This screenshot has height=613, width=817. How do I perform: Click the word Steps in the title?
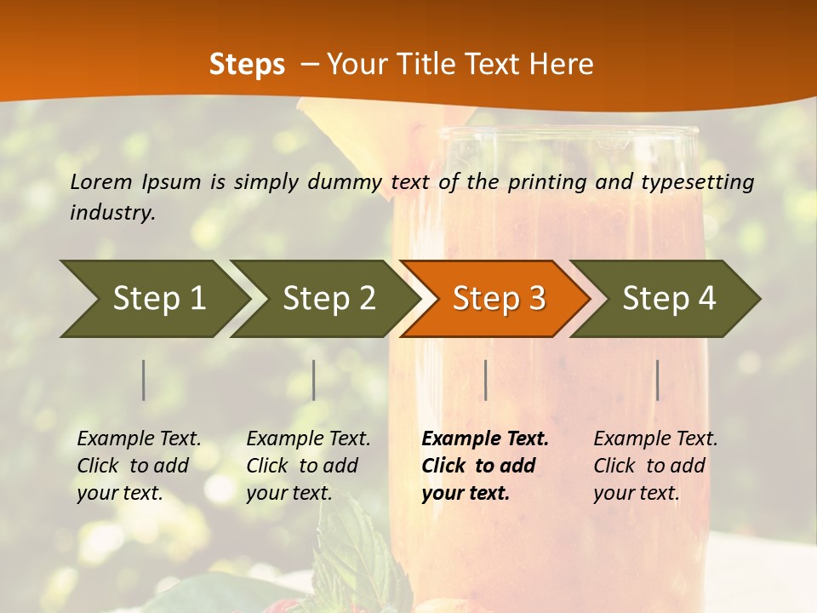coord(247,64)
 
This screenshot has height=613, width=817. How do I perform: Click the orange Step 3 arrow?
coord(498,298)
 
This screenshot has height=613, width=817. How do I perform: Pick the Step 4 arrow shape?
coord(668,298)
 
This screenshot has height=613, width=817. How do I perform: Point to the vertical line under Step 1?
coord(144,380)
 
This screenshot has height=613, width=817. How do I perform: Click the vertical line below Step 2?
coord(314,380)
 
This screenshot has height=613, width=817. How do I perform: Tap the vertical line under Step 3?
coord(485,380)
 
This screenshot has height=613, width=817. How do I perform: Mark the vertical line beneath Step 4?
coord(657,380)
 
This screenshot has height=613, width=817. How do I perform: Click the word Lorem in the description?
coord(101,181)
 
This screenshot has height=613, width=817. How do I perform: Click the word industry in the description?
coord(111,213)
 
